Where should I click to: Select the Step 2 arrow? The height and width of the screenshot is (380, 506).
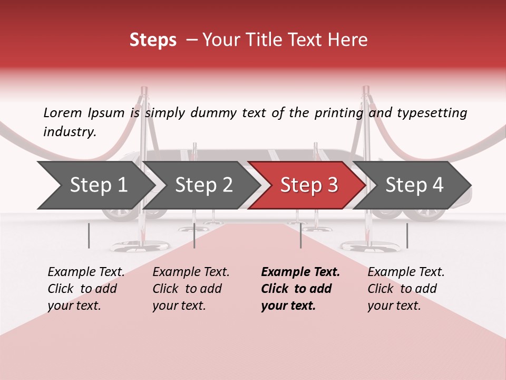click(203, 185)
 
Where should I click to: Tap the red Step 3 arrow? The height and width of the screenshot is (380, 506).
click(308, 185)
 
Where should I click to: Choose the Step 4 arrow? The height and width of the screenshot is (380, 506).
click(414, 185)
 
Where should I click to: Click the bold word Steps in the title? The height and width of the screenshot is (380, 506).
click(153, 40)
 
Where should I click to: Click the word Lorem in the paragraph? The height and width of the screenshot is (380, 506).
click(62, 112)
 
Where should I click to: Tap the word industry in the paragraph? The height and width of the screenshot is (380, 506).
click(69, 132)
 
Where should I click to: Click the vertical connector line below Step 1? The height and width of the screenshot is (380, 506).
click(89, 235)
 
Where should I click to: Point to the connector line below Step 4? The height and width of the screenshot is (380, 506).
click(407, 235)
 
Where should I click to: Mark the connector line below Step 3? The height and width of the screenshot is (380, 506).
click(300, 235)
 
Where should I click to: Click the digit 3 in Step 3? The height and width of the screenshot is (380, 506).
click(332, 185)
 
